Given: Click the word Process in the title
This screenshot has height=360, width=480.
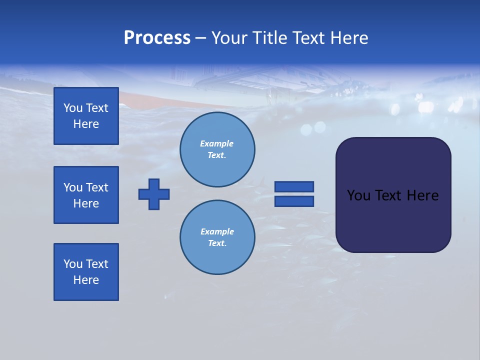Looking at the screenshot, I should tap(157, 38).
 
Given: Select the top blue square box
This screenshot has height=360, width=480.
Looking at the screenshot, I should tap(86, 116).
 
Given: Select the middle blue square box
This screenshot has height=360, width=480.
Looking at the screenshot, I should tap(86, 195).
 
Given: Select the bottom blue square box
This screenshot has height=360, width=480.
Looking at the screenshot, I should tap(86, 272).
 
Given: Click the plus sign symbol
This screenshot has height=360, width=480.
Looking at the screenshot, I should tap(154, 194).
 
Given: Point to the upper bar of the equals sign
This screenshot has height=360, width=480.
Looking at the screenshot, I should tap(294, 186).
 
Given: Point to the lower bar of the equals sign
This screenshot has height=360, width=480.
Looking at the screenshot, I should tap(294, 201).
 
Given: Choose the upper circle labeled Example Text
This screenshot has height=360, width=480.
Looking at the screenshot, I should tap(217, 149).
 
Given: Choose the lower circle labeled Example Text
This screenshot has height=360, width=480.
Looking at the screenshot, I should tap(217, 237).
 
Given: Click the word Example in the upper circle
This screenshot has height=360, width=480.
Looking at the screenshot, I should tap(217, 143).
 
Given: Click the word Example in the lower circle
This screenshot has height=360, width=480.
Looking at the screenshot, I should tap(217, 231).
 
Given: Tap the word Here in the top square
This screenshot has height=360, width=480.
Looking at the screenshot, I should tap(86, 124).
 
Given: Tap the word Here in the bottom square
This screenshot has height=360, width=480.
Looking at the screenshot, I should tap(86, 280).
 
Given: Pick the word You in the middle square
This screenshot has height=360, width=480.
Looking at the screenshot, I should tap(73, 187).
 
